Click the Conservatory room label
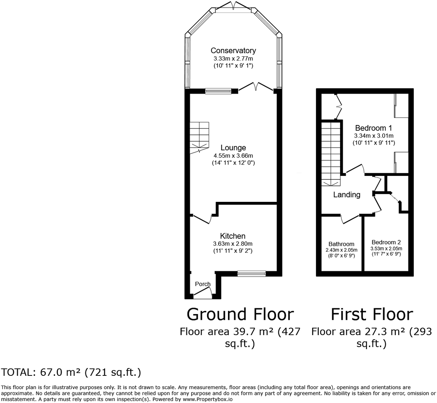[x=233, y=50]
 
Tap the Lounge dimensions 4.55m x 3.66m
[x=233, y=155]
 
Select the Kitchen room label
[x=233, y=236]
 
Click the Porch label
[x=202, y=284]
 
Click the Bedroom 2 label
[x=386, y=242]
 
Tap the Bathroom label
[x=341, y=244]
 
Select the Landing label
[x=347, y=195]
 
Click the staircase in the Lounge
[x=199, y=137]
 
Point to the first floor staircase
[x=331, y=153]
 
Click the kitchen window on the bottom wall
[x=251, y=274]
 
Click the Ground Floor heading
[x=240, y=314]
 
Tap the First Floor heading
[x=371, y=314]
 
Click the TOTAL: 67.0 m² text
[x=71, y=372]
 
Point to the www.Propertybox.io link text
[x=207, y=399]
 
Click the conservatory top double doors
[x=233, y=6]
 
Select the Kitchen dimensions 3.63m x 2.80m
[x=233, y=244]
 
